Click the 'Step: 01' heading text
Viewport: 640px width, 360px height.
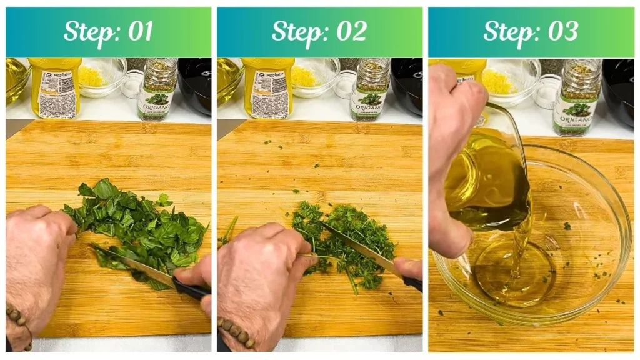[108, 31]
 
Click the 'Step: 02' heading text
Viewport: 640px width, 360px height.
[319, 31]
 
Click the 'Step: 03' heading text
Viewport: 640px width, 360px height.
[531, 31]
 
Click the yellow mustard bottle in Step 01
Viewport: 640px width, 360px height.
[56, 87]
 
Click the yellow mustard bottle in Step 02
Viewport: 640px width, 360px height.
[267, 87]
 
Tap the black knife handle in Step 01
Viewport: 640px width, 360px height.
[191, 289]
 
